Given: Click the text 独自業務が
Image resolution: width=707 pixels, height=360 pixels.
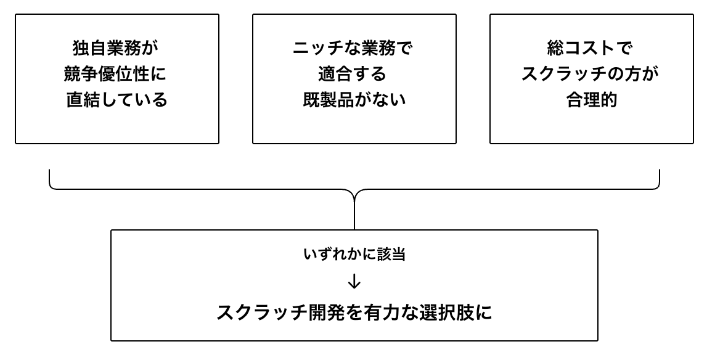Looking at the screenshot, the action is (x=116, y=48).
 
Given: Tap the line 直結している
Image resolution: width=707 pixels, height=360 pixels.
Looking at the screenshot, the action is (x=116, y=100).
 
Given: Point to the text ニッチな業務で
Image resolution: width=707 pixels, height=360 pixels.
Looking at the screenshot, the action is (x=354, y=48).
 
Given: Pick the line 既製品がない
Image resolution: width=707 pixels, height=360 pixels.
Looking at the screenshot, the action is (x=354, y=100).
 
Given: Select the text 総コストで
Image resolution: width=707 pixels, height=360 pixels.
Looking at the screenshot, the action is (x=591, y=48).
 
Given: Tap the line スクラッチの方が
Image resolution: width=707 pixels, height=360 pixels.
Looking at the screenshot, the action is (x=591, y=74).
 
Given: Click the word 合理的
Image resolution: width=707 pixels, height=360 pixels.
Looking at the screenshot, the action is (x=591, y=100).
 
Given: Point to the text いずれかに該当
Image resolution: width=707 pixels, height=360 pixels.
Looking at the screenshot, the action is (x=354, y=255).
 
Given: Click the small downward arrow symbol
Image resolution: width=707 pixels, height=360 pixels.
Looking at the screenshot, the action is (x=354, y=282).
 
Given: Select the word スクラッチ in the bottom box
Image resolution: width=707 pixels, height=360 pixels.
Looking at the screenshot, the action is (x=261, y=313).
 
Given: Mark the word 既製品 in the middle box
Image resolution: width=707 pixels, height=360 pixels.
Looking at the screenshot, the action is (x=329, y=100).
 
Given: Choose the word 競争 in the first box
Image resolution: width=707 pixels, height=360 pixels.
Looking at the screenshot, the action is (x=81, y=74).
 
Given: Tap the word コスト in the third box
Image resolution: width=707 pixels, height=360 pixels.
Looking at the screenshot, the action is (x=591, y=48).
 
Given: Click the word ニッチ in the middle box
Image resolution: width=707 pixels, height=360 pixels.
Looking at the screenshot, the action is (x=319, y=48).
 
